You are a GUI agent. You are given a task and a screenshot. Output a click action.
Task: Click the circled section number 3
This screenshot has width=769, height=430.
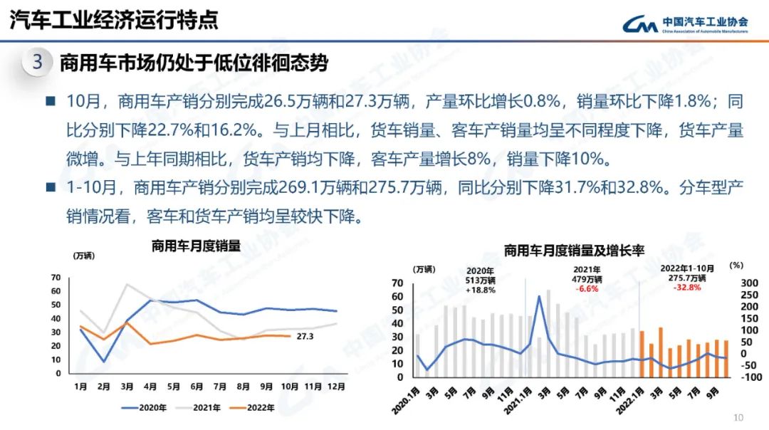[37, 62]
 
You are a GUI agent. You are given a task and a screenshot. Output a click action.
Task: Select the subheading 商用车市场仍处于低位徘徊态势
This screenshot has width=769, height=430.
[194, 63]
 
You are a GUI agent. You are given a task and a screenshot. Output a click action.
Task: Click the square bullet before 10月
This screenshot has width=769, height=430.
[51, 101]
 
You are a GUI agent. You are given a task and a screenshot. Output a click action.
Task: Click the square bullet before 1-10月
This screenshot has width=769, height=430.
[51, 188]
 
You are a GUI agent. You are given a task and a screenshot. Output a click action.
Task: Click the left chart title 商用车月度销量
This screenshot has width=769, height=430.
[196, 246]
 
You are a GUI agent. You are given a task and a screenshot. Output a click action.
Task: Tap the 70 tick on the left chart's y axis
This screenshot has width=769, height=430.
[56, 277]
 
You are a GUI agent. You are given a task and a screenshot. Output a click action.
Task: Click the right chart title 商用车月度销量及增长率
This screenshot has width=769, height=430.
[574, 251]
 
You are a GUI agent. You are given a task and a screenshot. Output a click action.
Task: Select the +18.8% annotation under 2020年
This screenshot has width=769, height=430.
[481, 290]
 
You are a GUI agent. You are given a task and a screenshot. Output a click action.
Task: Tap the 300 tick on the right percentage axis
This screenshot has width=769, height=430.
[731, 283]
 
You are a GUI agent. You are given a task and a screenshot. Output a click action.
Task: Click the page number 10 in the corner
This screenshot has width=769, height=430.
[738, 417]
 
